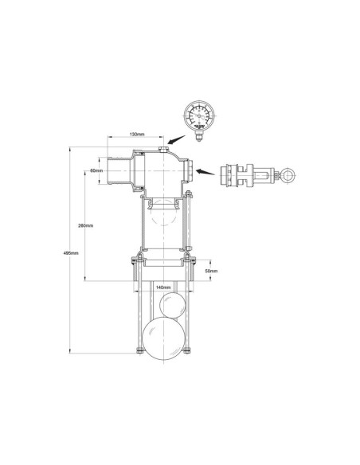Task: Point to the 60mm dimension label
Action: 96,170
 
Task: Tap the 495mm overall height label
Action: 70,252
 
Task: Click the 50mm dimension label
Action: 210,272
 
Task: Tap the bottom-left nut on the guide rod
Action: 138,352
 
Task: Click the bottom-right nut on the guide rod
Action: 188,352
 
